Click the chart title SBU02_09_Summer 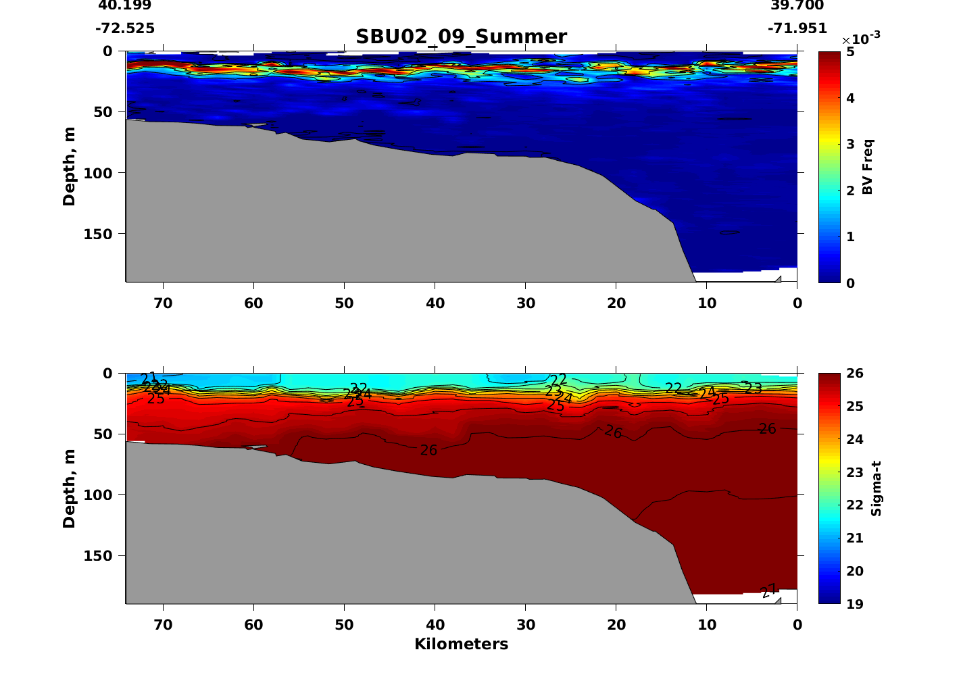[x=461, y=36]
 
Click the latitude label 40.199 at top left [x=125, y=5]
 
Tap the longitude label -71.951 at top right [x=797, y=28]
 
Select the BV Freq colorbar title [x=868, y=167]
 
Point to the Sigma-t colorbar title [x=876, y=488]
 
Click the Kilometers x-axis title [x=461, y=644]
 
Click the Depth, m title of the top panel [x=69, y=166]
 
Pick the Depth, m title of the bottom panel [x=69, y=488]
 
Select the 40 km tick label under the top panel [x=435, y=303]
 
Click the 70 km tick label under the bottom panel [x=163, y=625]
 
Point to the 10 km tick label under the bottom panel [x=707, y=625]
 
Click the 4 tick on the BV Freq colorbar [x=849, y=98]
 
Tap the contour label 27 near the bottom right [x=768, y=591]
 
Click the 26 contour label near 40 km [x=428, y=450]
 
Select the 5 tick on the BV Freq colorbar [x=849, y=52]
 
